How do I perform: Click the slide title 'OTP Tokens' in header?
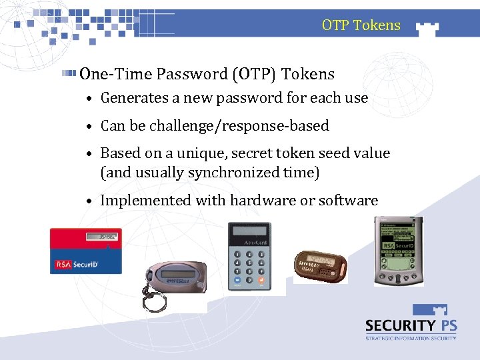coord(361,25)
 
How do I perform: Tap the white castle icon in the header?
coord(427,27)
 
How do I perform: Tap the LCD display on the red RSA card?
coord(105,237)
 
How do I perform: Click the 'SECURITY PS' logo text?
coord(410,325)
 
